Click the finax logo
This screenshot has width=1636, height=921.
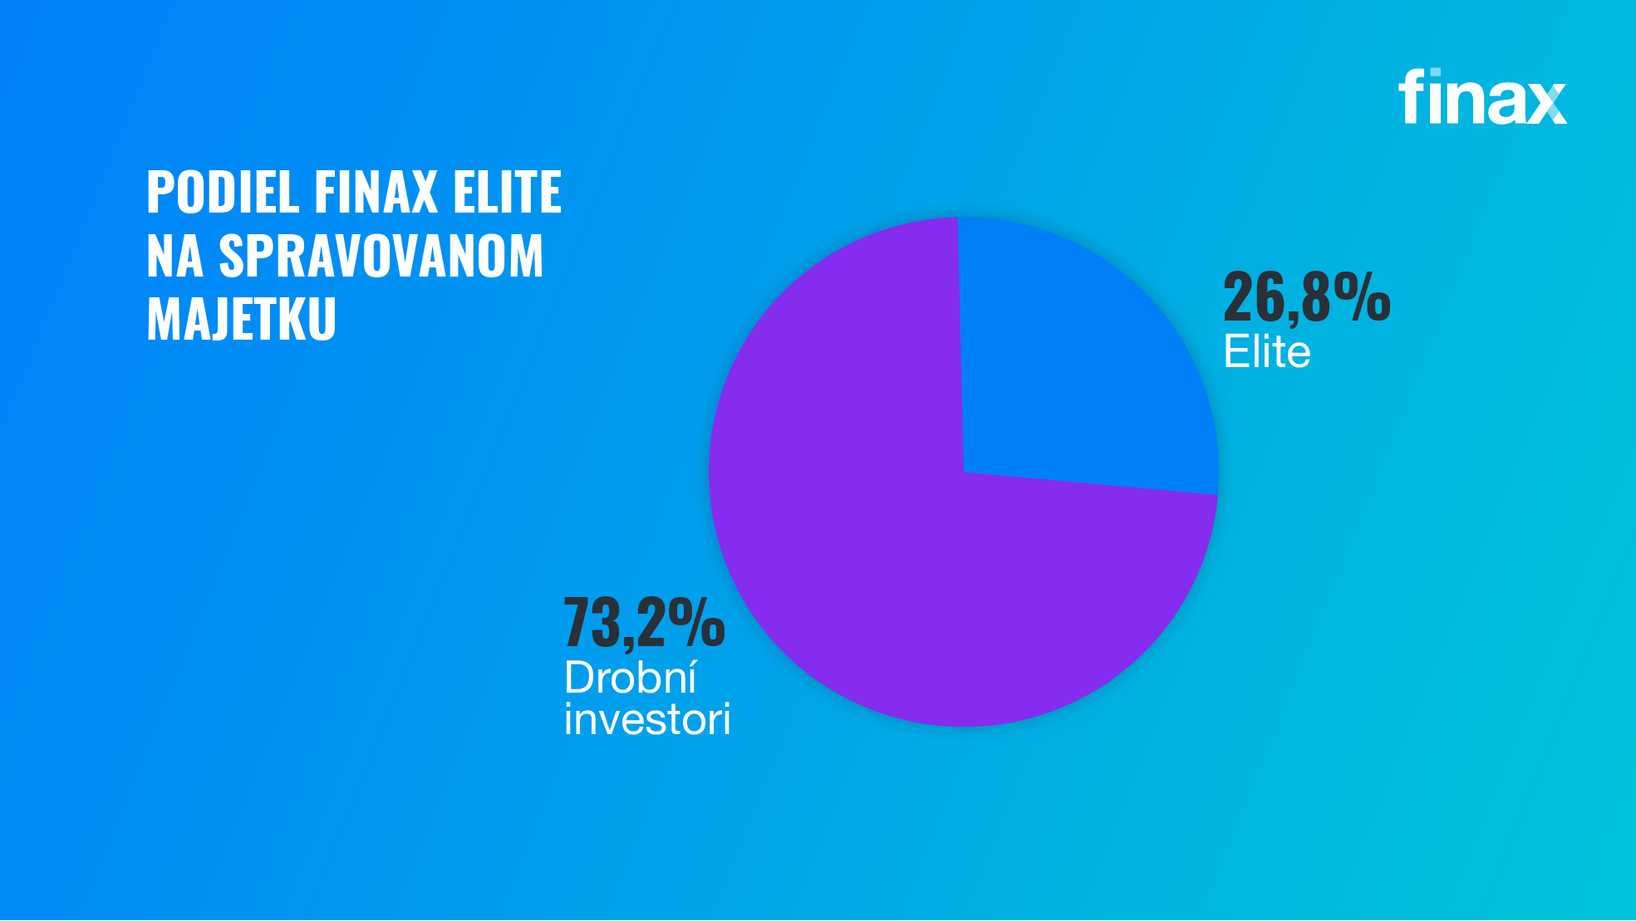[1482, 97]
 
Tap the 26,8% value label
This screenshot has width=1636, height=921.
[1306, 296]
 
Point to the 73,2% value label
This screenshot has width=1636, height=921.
[644, 622]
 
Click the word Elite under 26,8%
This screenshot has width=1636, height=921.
[1267, 352]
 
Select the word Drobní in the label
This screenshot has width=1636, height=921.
[630, 678]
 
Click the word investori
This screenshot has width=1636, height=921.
[647, 719]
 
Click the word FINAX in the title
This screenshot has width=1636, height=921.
[376, 192]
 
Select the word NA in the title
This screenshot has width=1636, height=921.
[174, 256]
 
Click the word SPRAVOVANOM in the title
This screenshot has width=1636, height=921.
[381, 256]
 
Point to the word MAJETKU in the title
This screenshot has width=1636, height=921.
[241, 319]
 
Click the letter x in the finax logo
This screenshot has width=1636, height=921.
[1547, 103]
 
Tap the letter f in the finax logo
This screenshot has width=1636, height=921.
[1410, 96]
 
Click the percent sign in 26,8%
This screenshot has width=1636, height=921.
[1363, 296]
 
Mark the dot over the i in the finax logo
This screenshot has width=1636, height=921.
[1435, 73]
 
